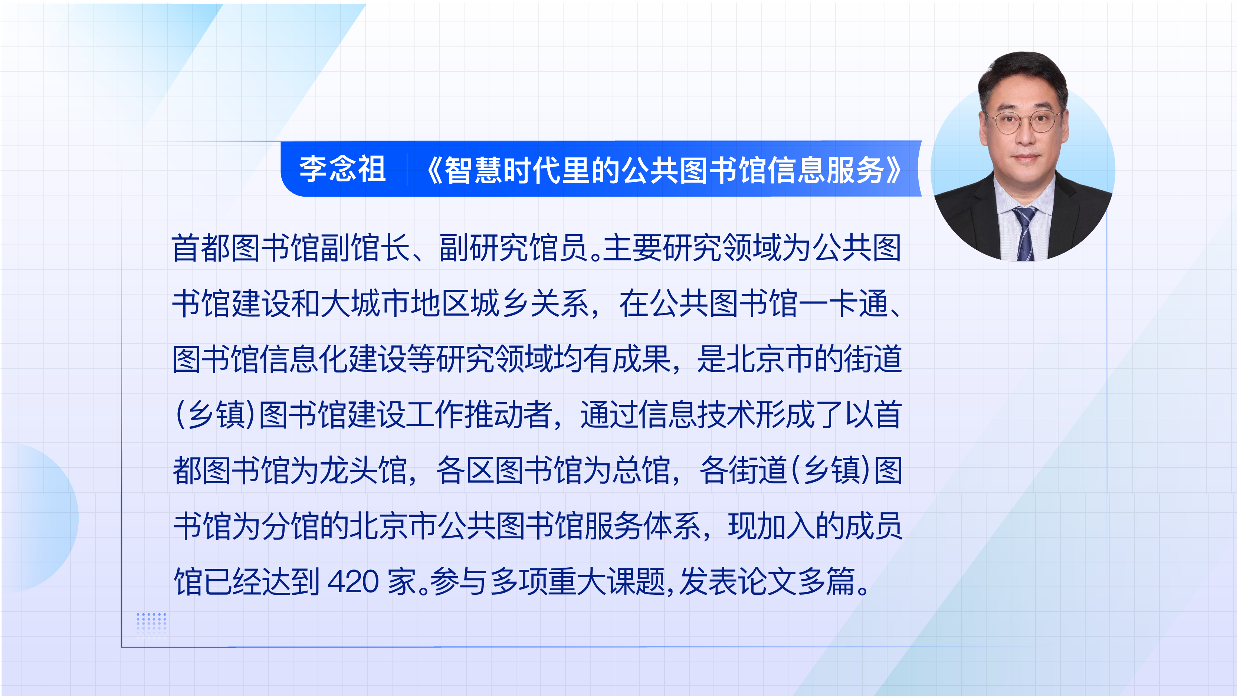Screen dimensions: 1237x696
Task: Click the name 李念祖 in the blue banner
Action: tap(343, 169)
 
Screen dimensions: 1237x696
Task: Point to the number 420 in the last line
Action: tap(353, 582)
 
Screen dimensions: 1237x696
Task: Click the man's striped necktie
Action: tap(1025, 233)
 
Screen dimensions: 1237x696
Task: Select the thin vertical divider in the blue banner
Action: tap(407, 169)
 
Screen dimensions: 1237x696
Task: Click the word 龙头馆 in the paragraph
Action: tap(364, 470)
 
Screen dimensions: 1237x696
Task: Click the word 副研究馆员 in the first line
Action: tap(513, 248)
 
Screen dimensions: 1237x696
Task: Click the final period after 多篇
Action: tap(863, 590)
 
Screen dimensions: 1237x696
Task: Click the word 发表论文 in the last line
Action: tap(737, 582)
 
